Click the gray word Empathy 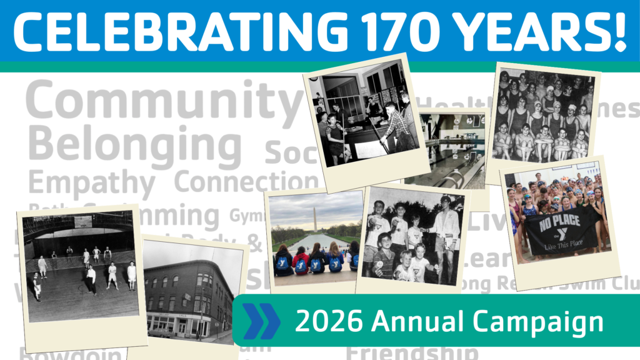point(91,184)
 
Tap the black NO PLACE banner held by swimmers point(559,232)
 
